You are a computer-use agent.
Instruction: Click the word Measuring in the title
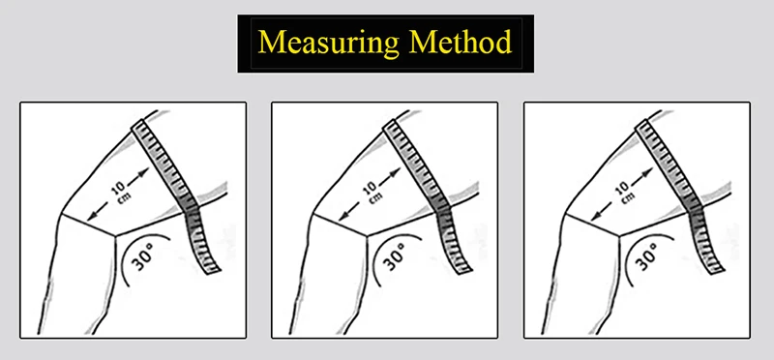coord(329,43)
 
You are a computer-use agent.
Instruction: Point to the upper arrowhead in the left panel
coord(143,173)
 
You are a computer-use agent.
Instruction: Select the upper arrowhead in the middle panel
coord(395,173)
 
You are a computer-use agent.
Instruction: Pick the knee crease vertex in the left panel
coord(115,236)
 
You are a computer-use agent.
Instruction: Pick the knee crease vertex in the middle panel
coord(368,236)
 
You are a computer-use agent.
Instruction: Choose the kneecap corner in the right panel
coord(564,214)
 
